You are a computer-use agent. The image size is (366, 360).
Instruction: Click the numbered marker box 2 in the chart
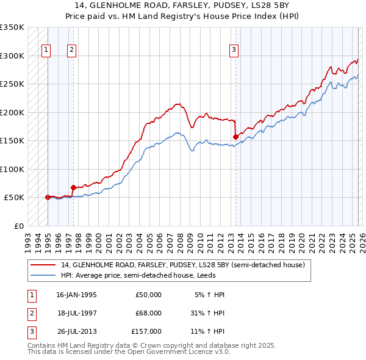[72, 51]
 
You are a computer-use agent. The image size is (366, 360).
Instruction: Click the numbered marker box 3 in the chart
[234, 51]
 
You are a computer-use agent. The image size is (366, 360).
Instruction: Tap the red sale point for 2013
[235, 137]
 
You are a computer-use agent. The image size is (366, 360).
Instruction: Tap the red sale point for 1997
[73, 187]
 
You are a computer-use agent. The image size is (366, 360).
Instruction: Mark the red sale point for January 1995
[48, 197]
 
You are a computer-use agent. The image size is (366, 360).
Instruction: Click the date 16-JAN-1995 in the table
[76, 295]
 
